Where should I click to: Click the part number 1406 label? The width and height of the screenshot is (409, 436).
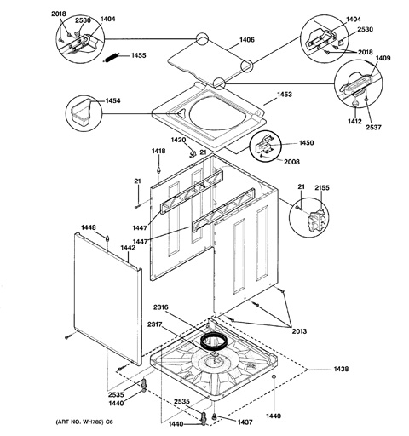tap(247, 40)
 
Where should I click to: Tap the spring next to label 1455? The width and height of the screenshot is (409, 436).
tap(111, 58)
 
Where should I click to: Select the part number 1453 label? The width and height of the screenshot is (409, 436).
tap(284, 95)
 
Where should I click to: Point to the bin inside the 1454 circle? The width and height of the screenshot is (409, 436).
tap(80, 111)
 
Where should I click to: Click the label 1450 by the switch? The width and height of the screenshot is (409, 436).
tap(306, 142)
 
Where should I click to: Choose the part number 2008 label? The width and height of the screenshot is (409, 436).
tap(291, 162)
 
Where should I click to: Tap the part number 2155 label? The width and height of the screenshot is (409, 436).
tap(322, 188)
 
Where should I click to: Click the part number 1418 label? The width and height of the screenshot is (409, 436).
tap(158, 152)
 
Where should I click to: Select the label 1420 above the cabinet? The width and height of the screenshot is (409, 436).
tap(178, 140)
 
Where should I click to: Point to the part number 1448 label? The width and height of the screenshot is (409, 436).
tap(89, 227)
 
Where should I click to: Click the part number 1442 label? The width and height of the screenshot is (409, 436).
tap(128, 248)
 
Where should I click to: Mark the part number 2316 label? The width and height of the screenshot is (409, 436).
tap(161, 307)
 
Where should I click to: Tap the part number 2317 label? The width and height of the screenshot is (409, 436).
tap(155, 324)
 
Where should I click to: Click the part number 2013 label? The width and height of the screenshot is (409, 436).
tap(299, 331)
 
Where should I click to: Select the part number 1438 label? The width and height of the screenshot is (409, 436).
tap(341, 369)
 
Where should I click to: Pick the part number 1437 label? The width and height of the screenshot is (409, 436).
tap(245, 422)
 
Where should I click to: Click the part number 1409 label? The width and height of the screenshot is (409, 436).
tap(383, 58)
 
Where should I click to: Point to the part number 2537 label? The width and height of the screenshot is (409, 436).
tap(373, 128)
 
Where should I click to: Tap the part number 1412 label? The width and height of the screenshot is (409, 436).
tap(354, 122)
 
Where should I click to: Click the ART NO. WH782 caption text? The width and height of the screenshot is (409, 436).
tap(84, 422)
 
